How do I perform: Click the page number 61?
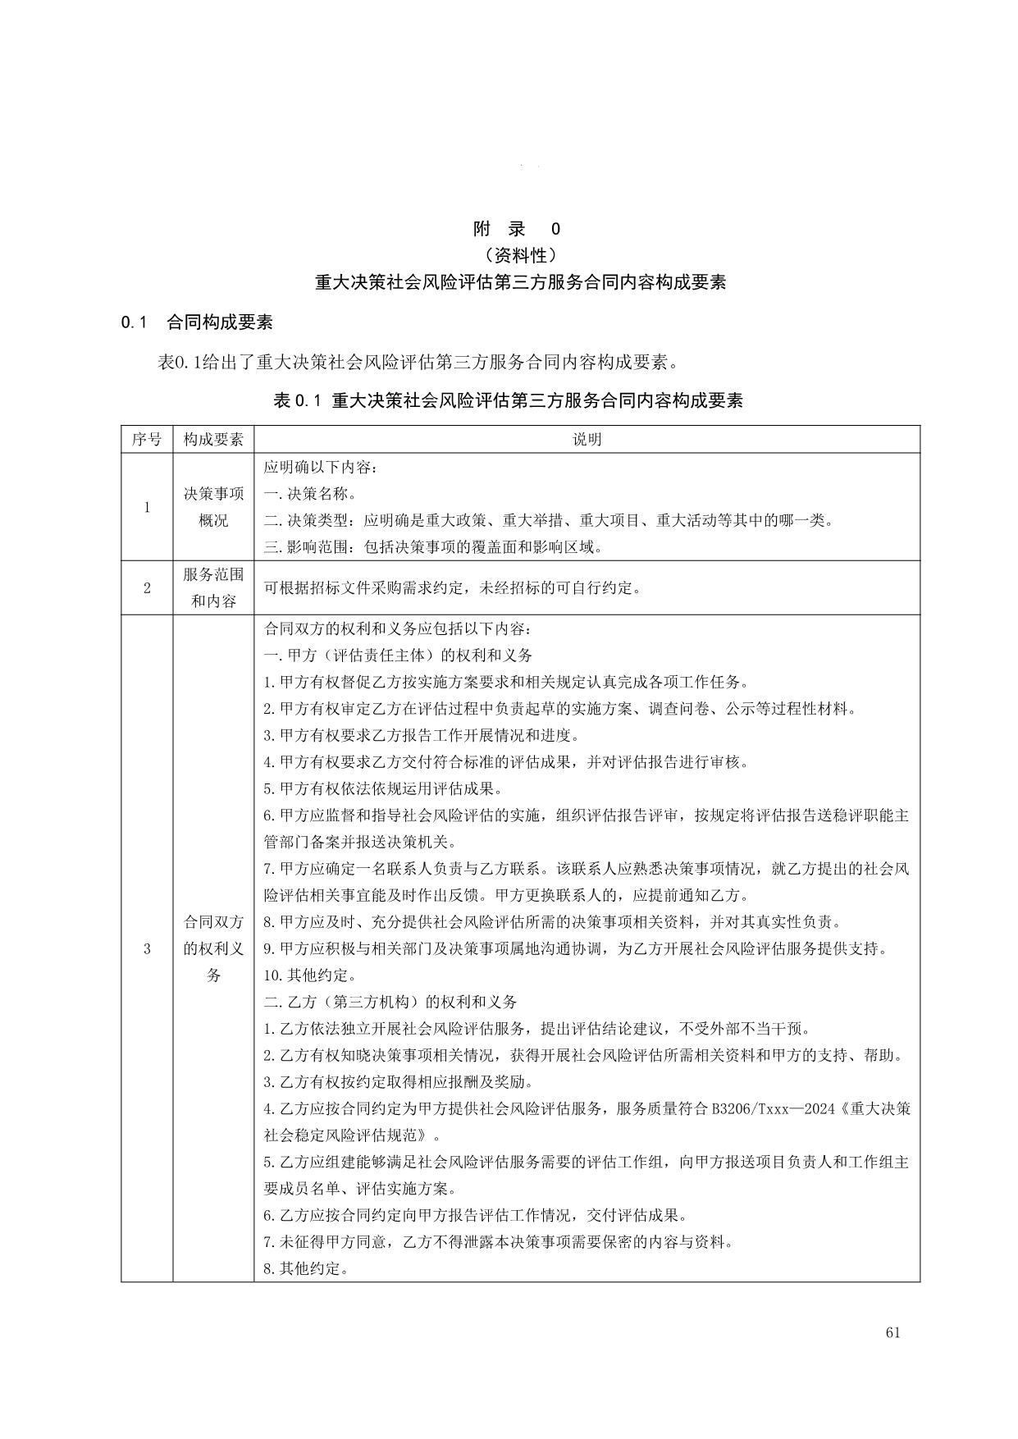pos(893,1332)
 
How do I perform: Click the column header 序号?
pos(147,440)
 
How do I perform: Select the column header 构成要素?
pos(213,440)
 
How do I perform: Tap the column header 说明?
pos(587,440)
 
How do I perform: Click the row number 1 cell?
pos(147,507)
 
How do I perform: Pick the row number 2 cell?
pos(147,587)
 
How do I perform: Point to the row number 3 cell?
pos(147,949)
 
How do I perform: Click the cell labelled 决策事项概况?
pos(213,507)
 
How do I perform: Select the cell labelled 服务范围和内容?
pos(213,587)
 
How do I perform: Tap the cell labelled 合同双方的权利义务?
pos(213,949)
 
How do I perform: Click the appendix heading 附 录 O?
pos(518,229)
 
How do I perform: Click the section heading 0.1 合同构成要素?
pos(197,322)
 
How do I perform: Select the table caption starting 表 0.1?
pos(508,400)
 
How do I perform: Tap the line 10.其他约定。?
pos(309,975)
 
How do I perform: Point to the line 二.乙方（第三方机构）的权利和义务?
pos(390,1003)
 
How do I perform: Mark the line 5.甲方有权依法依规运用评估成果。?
pos(382,789)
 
